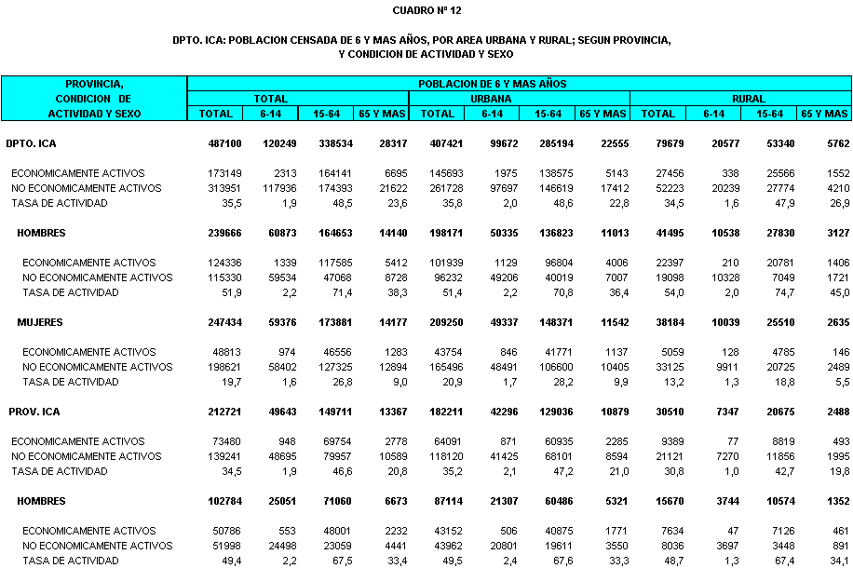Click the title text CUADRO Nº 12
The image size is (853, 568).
[x=426, y=11]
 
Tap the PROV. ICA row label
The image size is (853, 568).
[x=37, y=412]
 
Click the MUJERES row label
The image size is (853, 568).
[x=41, y=322]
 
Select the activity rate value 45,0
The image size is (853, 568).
[x=839, y=292]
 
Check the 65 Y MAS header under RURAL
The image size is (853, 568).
[x=826, y=114]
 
